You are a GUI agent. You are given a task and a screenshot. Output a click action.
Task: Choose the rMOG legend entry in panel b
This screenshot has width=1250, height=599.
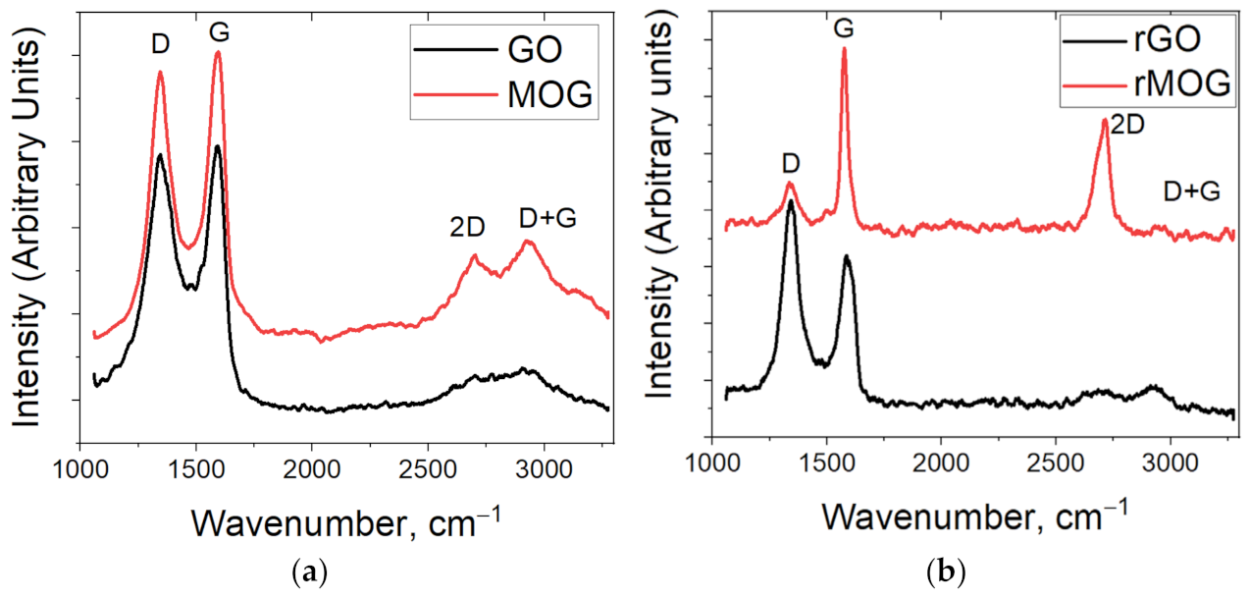tap(1147, 84)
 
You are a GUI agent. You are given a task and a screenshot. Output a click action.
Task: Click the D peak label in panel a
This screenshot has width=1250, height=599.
tap(160, 46)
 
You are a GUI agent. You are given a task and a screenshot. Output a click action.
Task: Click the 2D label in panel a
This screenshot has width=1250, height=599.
tap(468, 227)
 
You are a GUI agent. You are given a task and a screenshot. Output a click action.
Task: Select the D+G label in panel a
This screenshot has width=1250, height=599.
tap(547, 219)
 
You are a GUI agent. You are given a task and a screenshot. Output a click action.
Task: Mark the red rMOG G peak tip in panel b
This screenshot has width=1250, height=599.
tap(844, 48)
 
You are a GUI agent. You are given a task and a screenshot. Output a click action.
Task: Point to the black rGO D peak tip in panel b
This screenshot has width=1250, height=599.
tap(791, 200)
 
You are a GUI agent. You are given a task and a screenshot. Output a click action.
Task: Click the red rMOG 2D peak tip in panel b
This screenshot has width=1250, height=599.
tap(1105, 120)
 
